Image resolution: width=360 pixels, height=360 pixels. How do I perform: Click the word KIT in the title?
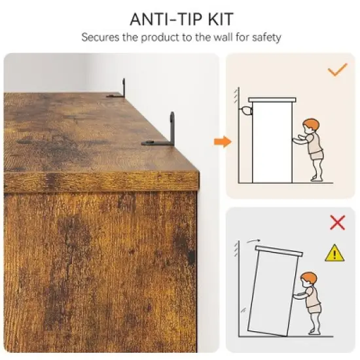click(221, 19)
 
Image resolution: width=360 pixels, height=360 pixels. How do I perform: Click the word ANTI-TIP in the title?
click(167, 19)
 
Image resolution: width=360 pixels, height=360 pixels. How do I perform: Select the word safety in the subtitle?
click(266, 38)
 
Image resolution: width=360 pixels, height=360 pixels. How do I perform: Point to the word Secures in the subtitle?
click(100, 37)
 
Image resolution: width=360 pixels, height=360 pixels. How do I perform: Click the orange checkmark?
click(337, 69)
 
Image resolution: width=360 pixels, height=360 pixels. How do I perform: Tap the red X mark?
click(337, 223)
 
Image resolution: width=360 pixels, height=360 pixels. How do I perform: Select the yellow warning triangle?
click(334, 253)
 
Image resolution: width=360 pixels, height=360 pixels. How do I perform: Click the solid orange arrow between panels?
click(223, 141)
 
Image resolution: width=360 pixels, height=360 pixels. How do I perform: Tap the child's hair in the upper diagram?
click(312, 124)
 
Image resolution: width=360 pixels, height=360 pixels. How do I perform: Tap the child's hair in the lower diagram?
click(309, 278)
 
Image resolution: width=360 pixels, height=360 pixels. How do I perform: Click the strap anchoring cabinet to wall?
click(246, 111)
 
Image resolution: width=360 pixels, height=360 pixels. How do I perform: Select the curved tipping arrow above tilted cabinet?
click(253, 241)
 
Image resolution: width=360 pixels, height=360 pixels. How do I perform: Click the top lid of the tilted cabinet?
click(279, 251)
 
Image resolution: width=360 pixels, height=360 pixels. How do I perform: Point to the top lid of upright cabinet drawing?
click(272, 100)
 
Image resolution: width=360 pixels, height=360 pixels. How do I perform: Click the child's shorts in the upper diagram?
click(317, 156)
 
